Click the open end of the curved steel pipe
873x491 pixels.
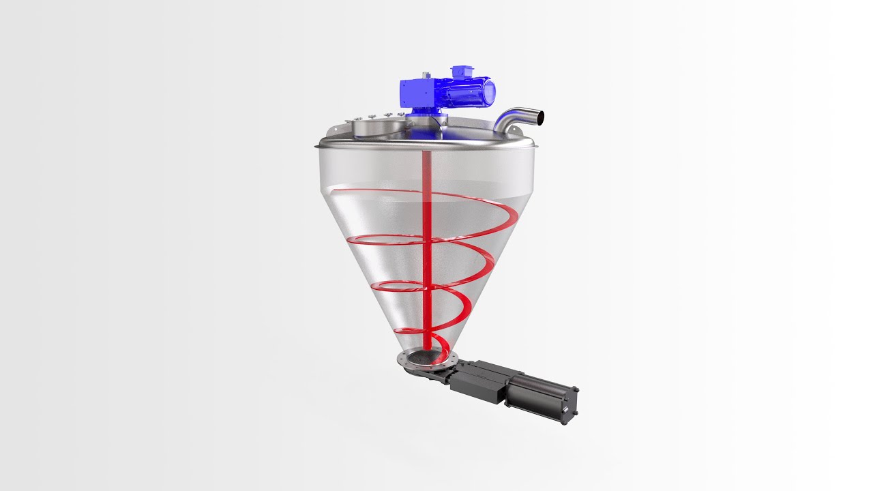(x=539, y=117)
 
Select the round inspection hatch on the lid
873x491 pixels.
(x=372, y=127)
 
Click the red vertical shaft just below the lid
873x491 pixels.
(x=426, y=170)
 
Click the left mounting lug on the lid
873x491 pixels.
(x=334, y=130)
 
